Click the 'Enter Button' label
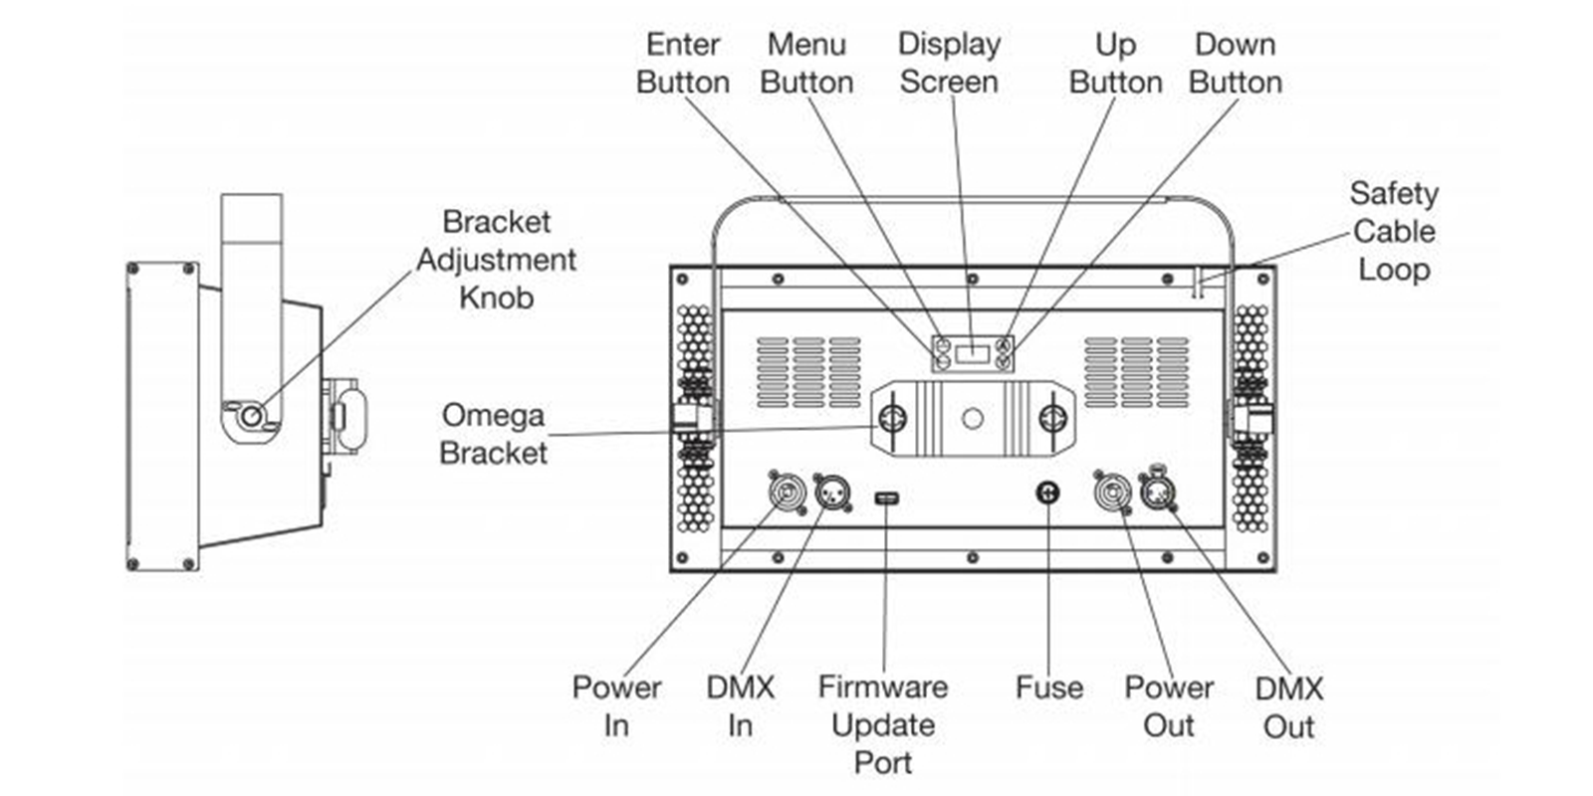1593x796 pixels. click(683, 64)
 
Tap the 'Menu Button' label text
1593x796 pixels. click(806, 64)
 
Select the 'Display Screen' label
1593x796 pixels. click(950, 63)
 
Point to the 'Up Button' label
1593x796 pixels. click(1116, 64)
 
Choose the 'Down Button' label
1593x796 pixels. click(1236, 64)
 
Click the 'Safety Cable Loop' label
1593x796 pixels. click(1394, 231)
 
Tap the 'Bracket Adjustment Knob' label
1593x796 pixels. click(497, 260)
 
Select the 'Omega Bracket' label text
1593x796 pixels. click(494, 434)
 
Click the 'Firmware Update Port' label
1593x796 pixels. click(883, 724)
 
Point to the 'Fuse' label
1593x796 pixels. click(1049, 688)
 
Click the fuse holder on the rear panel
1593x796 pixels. click(1047, 493)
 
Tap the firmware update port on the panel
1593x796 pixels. click(886, 498)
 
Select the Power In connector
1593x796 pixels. click(788, 492)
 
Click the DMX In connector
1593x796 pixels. click(832, 492)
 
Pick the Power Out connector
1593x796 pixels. click(1113, 492)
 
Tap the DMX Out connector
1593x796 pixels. click(1158, 491)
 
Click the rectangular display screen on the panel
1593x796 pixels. click(972, 353)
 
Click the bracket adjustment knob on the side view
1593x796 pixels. click(250, 416)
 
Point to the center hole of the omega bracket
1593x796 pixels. click(972, 418)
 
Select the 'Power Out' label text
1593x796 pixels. click(1169, 706)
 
